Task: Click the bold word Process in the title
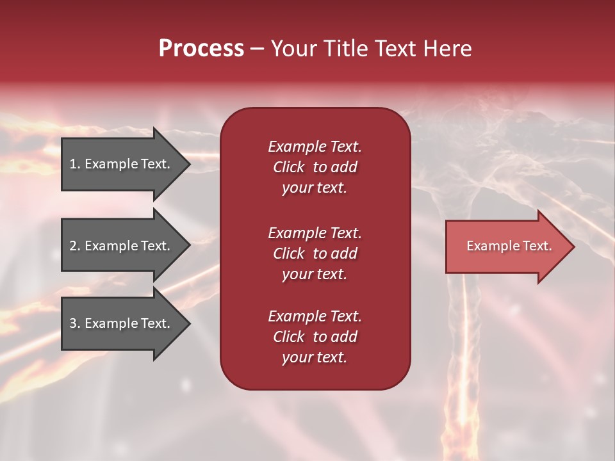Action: pyautogui.click(x=201, y=49)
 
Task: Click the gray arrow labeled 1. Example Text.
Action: pyautogui.click(x=120, y=164)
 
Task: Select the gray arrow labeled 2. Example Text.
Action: pyautogui.click(x=120, y=246)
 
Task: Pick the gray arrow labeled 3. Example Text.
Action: pyautogui.click(x=120, y=323)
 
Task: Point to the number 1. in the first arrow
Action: pyautogui.click(x=75, y=165)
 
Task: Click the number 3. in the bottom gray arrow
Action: pyautogui.click(x=75, y=324)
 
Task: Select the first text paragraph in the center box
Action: pyautogui.click(x=315, y=167)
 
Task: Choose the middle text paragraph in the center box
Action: pyautogui.click(x=315, y=254)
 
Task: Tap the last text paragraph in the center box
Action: pyautogui.click(x=315, y=337)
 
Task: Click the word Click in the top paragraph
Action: pyautogui.click(x=289, y=168)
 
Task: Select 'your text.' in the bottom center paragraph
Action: pyautogui.click(x=315, y=358)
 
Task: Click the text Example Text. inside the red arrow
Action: pyautogui.click(x=509, y=246)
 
